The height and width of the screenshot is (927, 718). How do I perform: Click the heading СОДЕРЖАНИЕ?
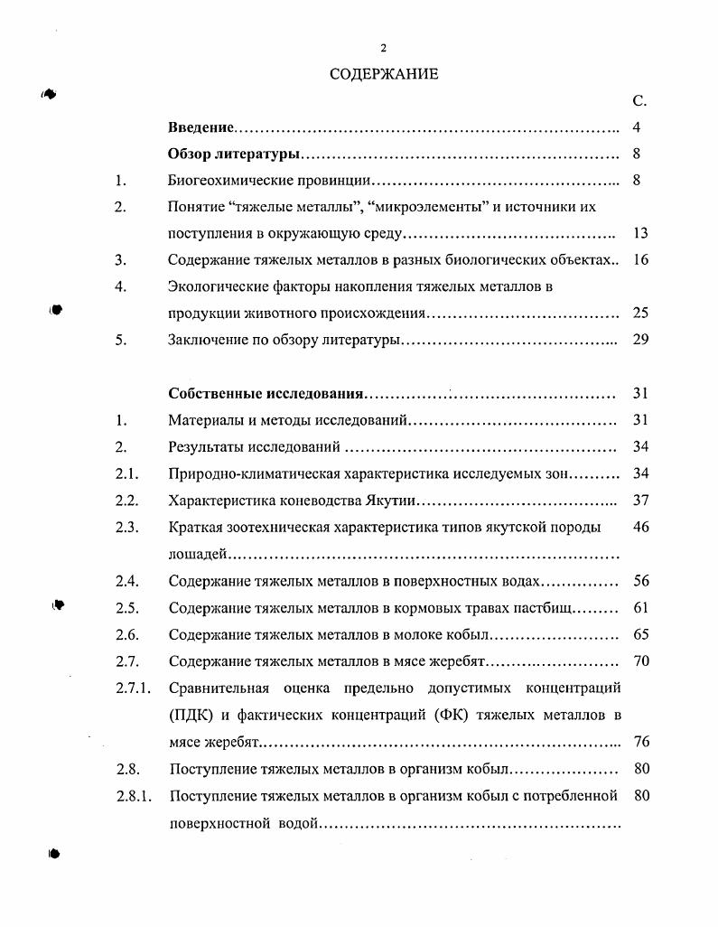pos(383,74)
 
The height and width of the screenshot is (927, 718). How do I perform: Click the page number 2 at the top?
pos(383,48)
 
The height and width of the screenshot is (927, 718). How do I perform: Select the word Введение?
pos(201,128)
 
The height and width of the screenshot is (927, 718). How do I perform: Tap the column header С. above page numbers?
pos(639,102)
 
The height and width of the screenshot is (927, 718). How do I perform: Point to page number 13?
pos(640,233)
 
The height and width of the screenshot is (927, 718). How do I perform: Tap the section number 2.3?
pos(126,527)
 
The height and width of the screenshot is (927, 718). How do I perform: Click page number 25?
pos(640,314)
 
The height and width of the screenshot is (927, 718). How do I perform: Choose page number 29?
pos(640,340)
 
